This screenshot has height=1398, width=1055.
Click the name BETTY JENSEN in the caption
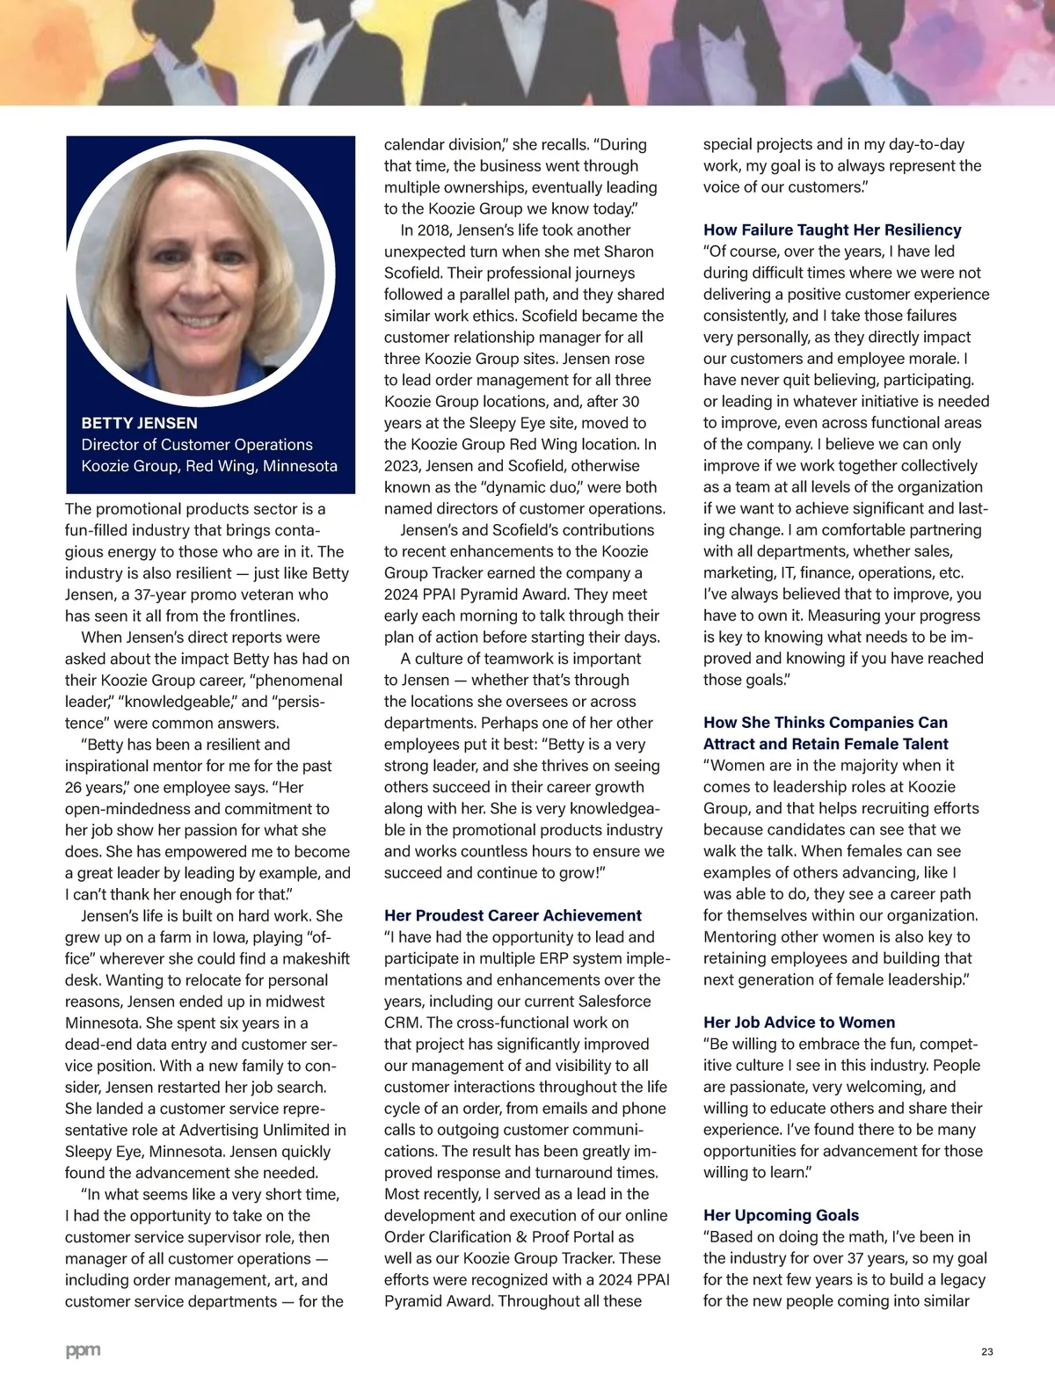pos(139,423)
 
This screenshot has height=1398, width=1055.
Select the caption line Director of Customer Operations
pos(197,445)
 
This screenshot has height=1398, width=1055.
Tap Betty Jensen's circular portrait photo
pos(201,272)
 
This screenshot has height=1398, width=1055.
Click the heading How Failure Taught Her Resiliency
pos(832,230)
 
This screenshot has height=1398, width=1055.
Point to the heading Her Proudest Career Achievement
pos(513,916)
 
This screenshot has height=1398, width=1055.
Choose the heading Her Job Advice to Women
pos(799,1023)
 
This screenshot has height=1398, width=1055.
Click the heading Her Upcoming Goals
pos(781,1216)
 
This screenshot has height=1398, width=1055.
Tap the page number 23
pos(986,1352)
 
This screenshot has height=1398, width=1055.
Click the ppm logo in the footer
pos(84,1351)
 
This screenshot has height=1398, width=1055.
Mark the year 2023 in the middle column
pos(402,466)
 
